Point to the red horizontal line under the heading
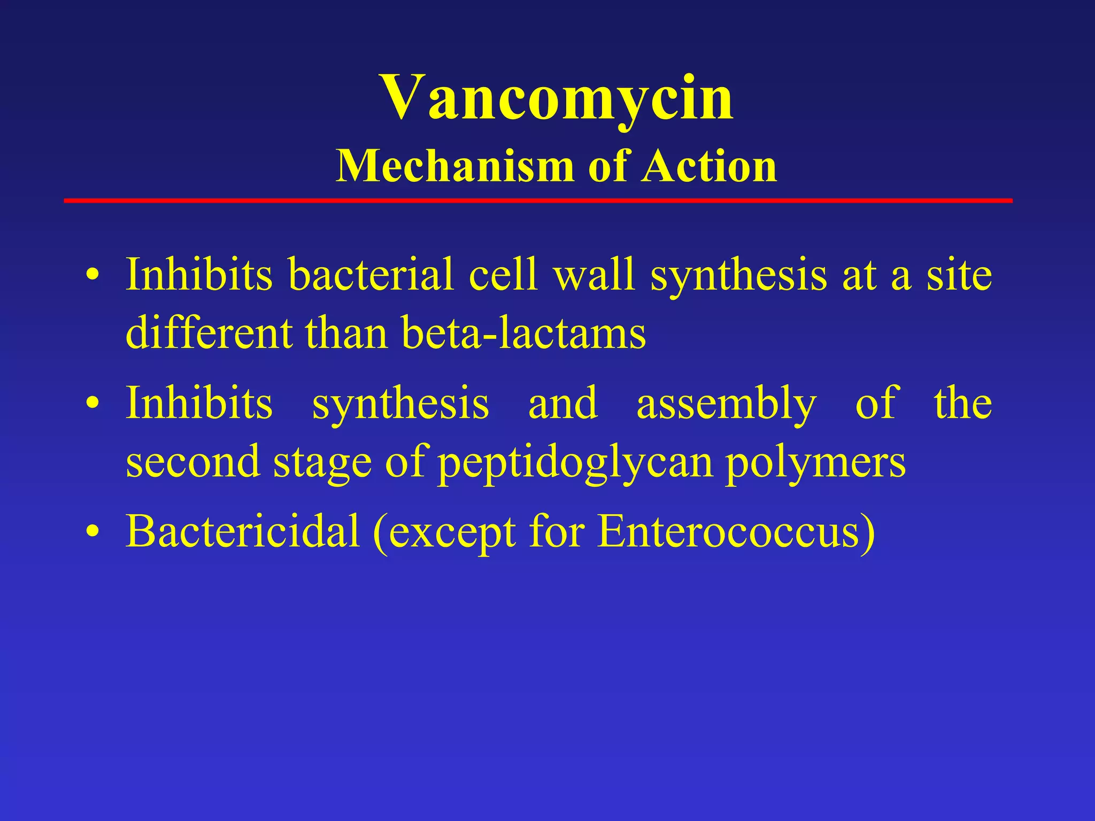(538, 200)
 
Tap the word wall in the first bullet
(594, 274)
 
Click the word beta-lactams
(523, 333)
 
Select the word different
(209, 333)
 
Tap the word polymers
(815, 463)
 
